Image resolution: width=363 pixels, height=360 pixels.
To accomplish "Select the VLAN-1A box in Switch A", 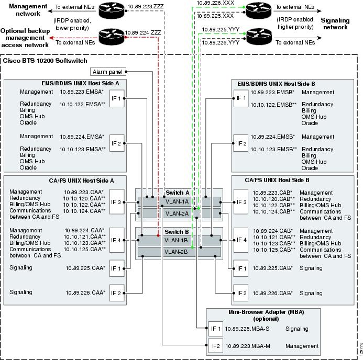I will point(178,201).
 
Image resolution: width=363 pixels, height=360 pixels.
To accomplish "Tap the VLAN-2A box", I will point(178,213).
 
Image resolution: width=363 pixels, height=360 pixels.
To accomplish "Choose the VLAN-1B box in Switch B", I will point(178,240).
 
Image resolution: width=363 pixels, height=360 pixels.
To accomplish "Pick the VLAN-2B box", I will point(178,252).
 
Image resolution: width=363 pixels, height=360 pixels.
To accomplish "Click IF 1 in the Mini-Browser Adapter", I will point(215,329).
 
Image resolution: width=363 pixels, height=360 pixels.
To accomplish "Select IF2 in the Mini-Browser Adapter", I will point(215,346).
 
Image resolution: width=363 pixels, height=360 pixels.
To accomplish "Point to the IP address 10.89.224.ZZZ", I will point(142,32).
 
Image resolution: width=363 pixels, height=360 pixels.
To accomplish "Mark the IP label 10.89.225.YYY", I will point(221,30).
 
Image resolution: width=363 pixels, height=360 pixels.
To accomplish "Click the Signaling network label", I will point(335,24).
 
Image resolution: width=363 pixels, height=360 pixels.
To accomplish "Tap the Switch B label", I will point(178,231).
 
